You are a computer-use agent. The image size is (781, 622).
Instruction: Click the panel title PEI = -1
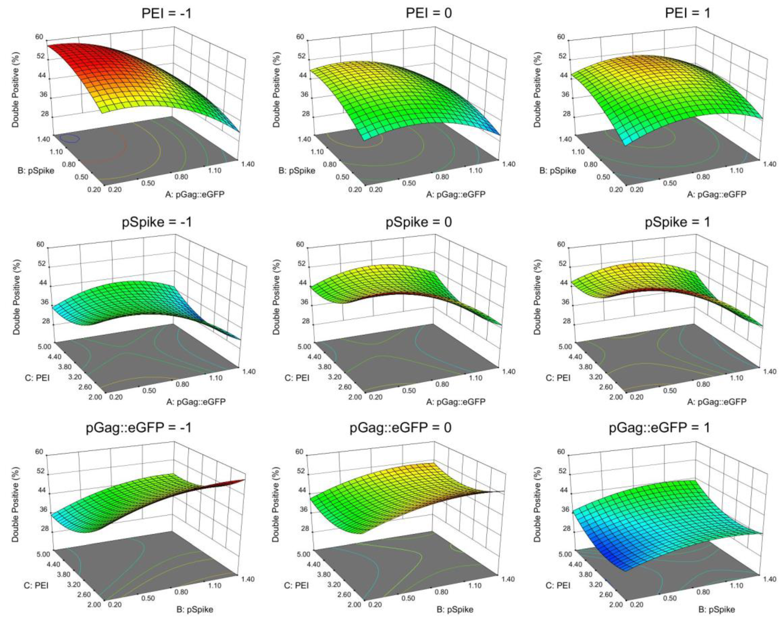[x=166, y=14]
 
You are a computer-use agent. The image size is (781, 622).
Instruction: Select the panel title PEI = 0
[x=428, y=14]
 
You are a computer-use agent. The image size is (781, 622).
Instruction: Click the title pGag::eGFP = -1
[x=138, y=427]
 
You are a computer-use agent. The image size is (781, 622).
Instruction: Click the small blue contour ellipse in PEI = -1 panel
[x=70, y=138]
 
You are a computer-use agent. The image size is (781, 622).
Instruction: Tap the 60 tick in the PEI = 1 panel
[x=561, y=37]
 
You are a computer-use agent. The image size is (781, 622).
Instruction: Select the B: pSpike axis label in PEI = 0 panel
[x=297, y=170]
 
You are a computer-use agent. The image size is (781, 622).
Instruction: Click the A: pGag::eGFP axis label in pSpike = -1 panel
[x=196, y=401]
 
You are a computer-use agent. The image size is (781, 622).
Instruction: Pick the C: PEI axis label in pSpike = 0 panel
[x=297, y=378]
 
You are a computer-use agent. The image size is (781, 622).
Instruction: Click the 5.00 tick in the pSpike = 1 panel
[x=564, y=347]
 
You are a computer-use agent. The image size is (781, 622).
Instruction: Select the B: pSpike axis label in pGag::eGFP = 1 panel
[x=717, y=609]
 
